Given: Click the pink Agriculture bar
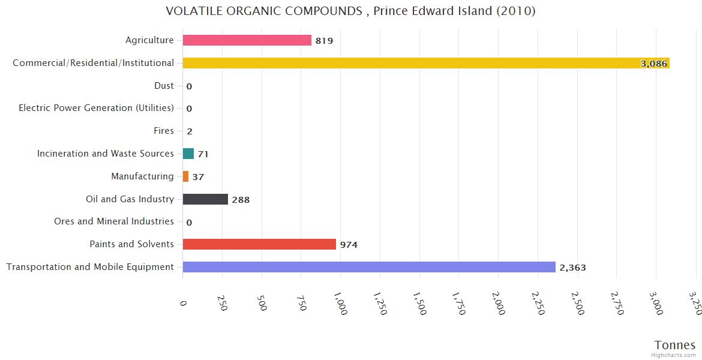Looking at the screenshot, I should click(247, 40).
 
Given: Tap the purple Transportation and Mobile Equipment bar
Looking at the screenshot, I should click(369, 267).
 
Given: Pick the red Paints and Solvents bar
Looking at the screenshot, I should click(259, 244).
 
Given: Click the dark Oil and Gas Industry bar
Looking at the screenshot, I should click(205, 199).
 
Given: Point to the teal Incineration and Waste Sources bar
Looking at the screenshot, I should click(188, 154).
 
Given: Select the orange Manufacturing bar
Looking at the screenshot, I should click(185, 176).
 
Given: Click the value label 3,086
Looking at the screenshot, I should click(654, 64).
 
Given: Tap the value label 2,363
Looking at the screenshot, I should click(572, 268).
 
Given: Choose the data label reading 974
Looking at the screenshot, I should click(349, 245).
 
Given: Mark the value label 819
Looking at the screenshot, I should click(324, 41).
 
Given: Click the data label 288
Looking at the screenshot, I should click(241, 200).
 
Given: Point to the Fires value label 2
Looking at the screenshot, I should click(189, 131).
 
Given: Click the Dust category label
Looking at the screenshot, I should click(164, 86).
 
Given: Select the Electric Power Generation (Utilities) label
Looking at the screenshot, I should click(96, 108).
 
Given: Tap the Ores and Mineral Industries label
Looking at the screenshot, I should click(114, 221).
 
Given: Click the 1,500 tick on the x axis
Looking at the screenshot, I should click(419, 304).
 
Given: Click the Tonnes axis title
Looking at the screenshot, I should click(675, 345).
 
